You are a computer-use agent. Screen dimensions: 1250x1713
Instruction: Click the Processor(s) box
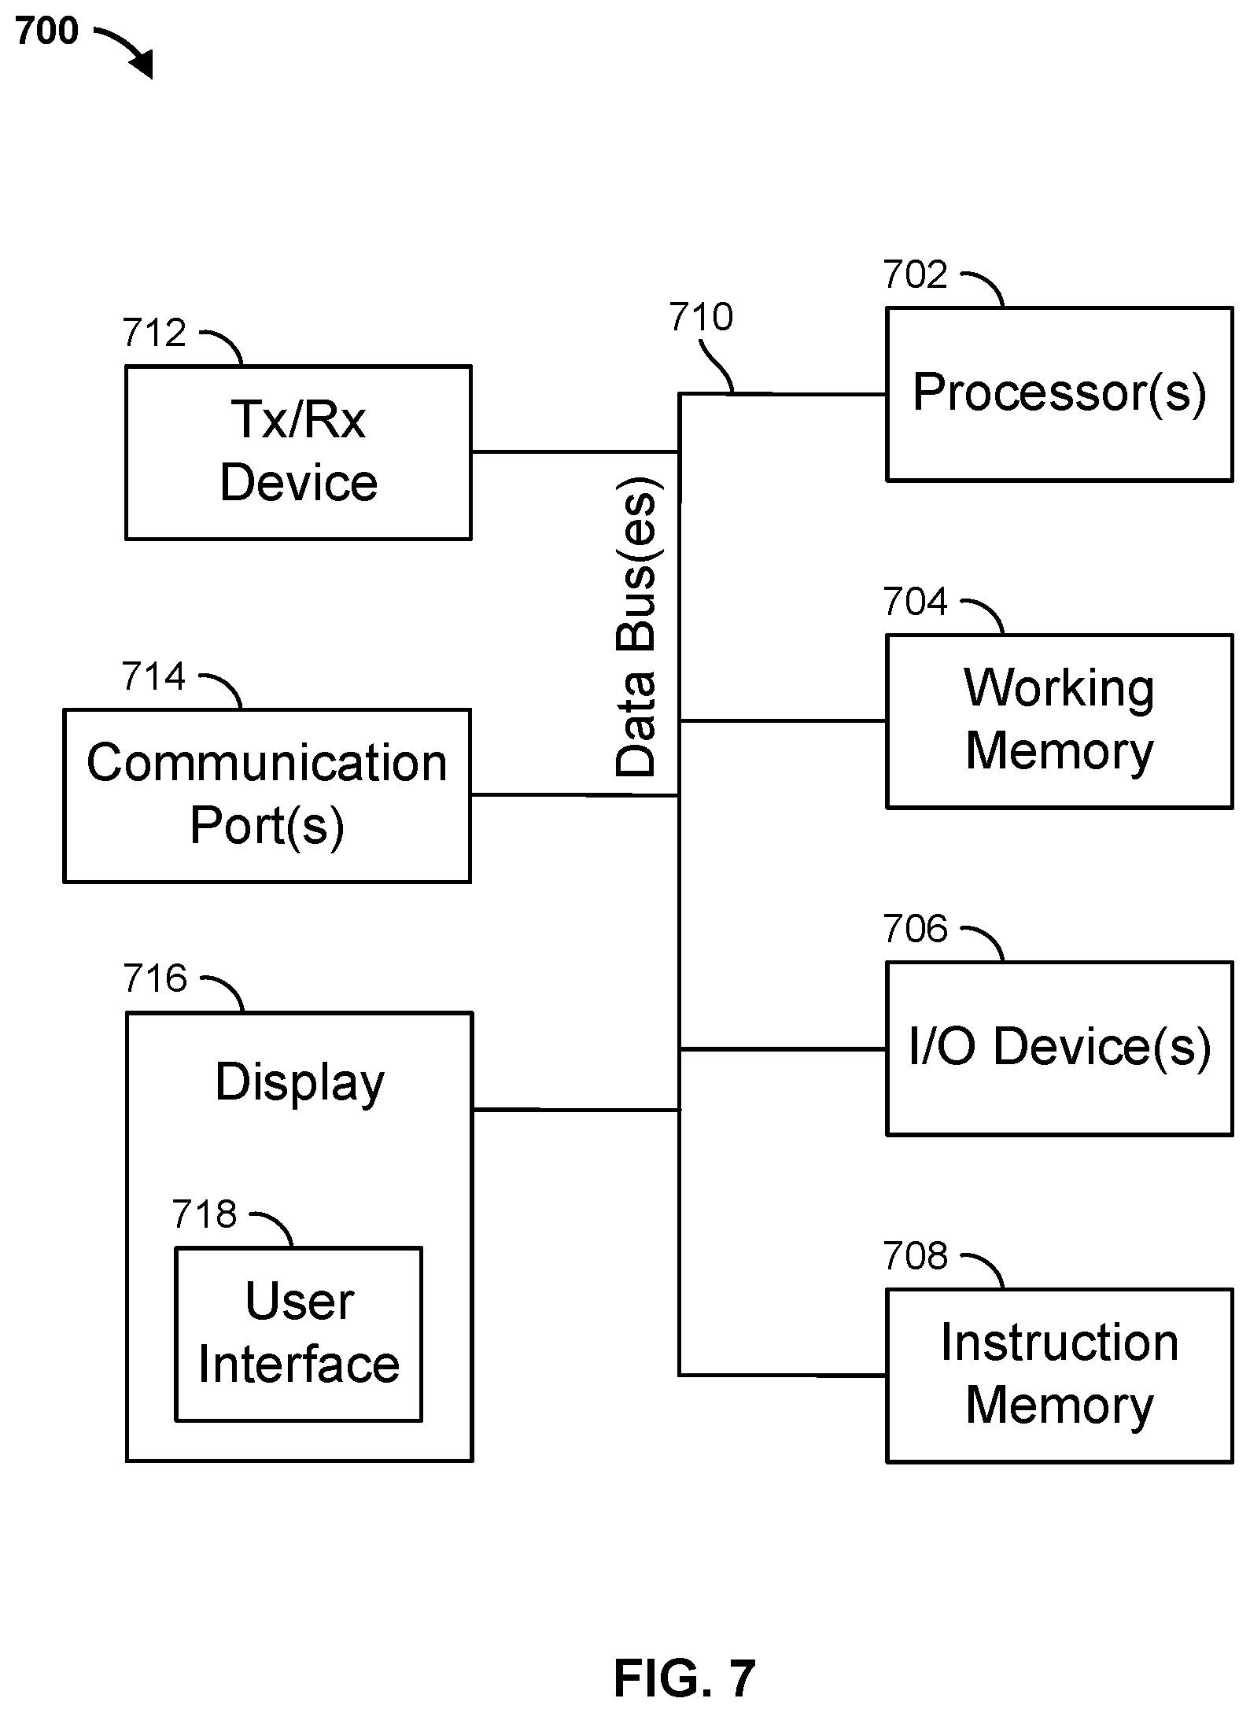(x=1060, y=394)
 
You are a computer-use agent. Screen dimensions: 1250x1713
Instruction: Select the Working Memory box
(x=1060, y=721)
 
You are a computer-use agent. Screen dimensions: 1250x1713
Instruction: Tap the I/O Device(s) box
(x=1060, y=1048)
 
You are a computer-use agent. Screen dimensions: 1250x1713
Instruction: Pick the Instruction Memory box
(x=1060, y=1376)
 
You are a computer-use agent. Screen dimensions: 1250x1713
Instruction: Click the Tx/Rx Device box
(x=299, y=452)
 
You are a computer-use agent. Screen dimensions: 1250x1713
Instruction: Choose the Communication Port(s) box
(x=267, y=795)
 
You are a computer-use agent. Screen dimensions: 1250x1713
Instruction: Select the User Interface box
(x=299, y=1334)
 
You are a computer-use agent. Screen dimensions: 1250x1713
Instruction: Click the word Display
(x=300, y=1083)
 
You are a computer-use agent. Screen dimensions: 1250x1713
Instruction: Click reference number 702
(x=915, y=275)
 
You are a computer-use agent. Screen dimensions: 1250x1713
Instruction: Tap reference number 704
(x=915, y=602)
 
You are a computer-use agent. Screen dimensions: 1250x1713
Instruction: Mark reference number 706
(x=915, y=930)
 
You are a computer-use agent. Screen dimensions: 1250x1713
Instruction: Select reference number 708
(x=915, y=1257)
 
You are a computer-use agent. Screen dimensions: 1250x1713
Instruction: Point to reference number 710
(x=701, y=318)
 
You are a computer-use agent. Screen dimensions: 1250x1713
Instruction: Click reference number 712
(x=154, y=333)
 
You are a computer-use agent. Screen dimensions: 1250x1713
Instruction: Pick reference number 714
(x=153, y=676)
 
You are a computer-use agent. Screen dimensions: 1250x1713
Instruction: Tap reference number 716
(x=155, y=979)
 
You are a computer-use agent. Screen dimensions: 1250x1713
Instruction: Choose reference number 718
(x=205, y=1214)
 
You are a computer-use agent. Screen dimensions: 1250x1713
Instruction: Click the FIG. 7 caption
(x=684, y=1679)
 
